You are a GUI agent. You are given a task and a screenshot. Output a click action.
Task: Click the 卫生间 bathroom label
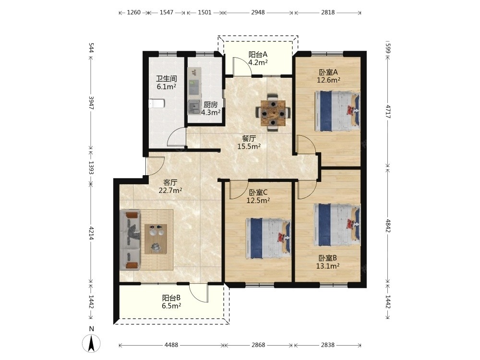(x=167, y=79)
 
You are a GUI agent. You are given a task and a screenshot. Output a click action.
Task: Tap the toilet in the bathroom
(x=157, y=104)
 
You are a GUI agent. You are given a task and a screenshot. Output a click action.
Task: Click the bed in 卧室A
(x=337, y=111)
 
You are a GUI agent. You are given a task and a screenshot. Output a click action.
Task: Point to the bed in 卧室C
(x=268, y=239)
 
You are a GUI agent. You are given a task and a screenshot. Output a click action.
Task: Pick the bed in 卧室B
(x=337, y=225)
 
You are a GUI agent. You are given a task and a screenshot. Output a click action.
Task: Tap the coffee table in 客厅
(x=156, y=239)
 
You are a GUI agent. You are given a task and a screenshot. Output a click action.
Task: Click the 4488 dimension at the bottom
(x=171, y=345)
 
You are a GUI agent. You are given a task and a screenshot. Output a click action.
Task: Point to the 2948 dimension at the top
(x=258, y=12)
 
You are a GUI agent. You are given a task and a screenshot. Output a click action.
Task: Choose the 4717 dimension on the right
(x=388, y=112)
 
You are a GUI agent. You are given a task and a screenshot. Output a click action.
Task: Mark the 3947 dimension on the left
(x=91, y=103)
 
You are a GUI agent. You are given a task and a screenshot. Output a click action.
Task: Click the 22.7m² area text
(x=170, y=191)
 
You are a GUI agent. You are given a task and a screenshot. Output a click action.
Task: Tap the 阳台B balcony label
(x=171, y=298)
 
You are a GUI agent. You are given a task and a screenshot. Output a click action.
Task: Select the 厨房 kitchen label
(x=211, y=104)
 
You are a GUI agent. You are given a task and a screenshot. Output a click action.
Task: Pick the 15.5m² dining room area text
(x=249, y=146)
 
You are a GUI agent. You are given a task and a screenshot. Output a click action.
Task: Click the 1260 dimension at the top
(x=133, y=12)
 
